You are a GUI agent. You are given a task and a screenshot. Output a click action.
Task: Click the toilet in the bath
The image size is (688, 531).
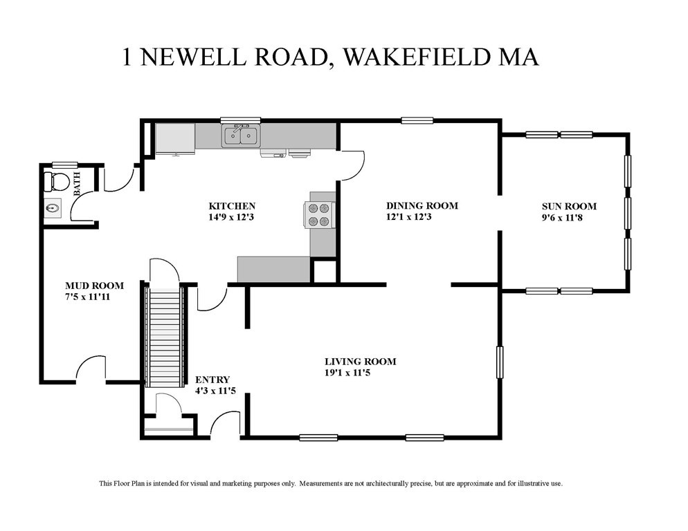click(56, 182)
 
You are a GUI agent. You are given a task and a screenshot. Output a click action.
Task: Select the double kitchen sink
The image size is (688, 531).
click(240, 136)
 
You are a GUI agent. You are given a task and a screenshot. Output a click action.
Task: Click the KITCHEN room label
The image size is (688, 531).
click(233, 206)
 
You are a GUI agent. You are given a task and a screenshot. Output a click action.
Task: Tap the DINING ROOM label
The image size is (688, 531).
click(422, 206)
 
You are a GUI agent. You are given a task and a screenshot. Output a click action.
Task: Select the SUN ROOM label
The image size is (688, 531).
click(570, 206)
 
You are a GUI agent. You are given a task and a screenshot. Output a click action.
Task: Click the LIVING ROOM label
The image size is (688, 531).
click(360, 362)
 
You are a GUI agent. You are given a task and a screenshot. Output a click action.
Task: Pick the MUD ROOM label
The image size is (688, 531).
click(94, 286)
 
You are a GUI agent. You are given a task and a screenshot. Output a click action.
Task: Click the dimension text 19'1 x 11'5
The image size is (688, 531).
click(360, 373)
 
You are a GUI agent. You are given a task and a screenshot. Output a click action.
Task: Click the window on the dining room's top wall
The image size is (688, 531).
click(417, 121)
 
